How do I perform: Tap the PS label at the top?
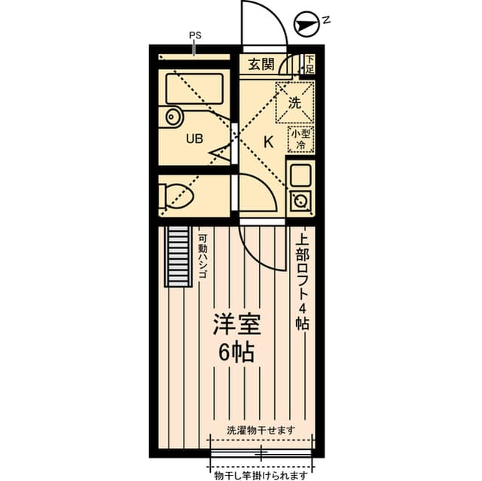pyautogui.click(x=194, y=35)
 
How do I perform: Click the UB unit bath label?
pyautogui.click(x=194, y=139)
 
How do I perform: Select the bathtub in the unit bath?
pyautogui.click(x=194, y=89)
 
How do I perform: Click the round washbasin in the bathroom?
pyautogui.click(x=174, y=117)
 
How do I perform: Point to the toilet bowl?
pyautogui.click(x=180, y=195)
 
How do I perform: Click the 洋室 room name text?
pyautogui.click(x=236, y=326)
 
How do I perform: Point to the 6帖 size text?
pyautogui.click(x=236, y=352)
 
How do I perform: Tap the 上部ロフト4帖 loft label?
pyautogui.click(x=302, y=280)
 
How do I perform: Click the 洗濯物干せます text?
pyautogui.click(x=260, y=430)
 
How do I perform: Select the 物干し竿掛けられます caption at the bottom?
pyautogui.click(x=261, y=474)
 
